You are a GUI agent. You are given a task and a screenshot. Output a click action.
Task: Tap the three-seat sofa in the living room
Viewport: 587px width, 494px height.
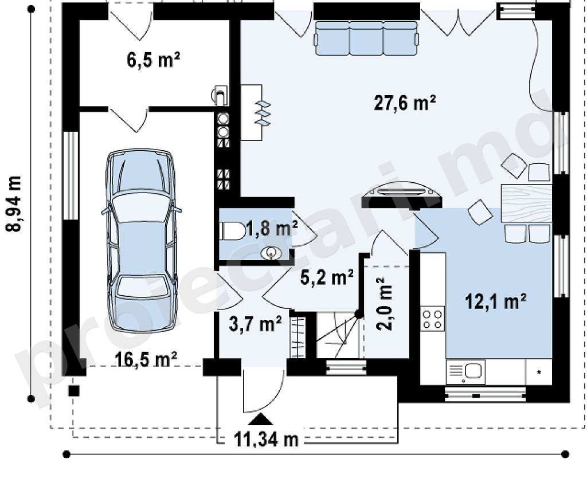point(366,38)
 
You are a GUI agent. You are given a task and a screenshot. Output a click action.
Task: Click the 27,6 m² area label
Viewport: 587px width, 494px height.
point(405,103)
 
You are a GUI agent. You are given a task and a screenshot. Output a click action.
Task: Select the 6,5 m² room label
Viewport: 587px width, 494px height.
point(154,60)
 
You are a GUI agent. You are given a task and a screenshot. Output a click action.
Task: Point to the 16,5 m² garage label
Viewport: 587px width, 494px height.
point(146,360)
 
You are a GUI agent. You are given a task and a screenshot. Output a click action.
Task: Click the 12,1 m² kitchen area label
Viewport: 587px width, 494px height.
point(496,301)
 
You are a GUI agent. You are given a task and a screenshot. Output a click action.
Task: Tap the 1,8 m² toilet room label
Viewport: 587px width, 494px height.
point(272,228)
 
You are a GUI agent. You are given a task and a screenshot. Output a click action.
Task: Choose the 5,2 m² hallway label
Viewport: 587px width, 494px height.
point(327,278)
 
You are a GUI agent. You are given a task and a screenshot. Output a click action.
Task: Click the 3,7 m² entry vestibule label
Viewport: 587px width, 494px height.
point(255,324)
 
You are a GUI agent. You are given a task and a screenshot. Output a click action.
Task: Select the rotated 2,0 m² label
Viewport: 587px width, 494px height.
point(385,304)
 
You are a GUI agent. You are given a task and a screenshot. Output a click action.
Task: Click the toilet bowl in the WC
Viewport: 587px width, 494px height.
point(233,230)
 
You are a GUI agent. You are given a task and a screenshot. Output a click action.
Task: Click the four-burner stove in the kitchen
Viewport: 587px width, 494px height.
point(432,319)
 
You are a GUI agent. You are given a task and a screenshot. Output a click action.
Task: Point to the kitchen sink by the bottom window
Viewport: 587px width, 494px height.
point(466,372)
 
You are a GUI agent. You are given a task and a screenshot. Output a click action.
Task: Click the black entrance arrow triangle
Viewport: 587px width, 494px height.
point(261,419)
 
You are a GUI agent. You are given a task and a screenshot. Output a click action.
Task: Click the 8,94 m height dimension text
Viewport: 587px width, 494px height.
point(14,204)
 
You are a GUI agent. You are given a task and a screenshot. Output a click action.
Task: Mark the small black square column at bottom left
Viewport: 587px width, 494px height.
point(74,391)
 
